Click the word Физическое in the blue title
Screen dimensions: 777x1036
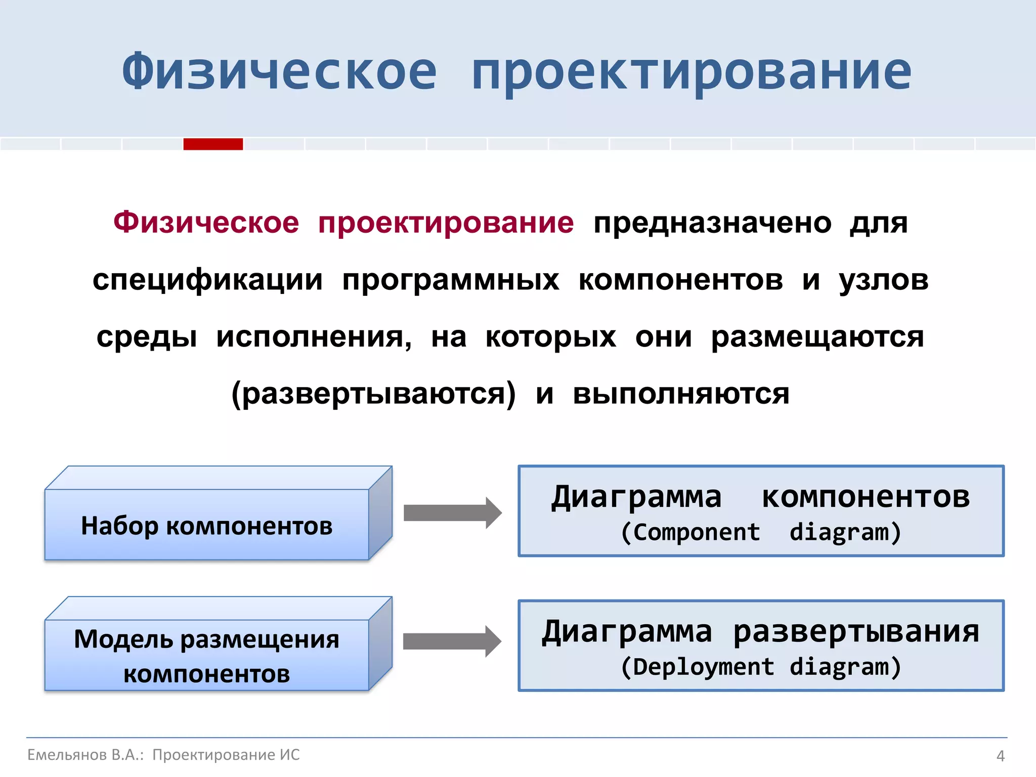(279, 72)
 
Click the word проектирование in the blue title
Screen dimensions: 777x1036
(691, 72)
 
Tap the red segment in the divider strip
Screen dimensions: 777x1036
(213, 144)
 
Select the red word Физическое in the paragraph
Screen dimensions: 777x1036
(206, 223)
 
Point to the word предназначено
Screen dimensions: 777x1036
(712, 223)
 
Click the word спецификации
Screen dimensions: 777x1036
(207, 280)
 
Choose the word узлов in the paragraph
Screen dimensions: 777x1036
(883, 280)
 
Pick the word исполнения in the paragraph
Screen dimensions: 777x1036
(314, 337)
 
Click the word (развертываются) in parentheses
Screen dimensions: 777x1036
(373, 394)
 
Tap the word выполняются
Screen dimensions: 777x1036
(681, 394)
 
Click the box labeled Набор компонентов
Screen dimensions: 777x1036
(207, 525)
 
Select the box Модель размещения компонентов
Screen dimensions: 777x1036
(207, 656)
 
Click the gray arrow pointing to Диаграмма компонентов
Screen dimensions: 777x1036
(452, 513)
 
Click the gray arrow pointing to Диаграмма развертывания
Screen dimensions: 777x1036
(452, 641)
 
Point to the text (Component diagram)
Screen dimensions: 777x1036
(761, 532)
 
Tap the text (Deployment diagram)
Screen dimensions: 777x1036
(761, 667)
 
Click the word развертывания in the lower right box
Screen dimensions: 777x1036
(856, 632)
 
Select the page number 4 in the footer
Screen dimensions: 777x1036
(1000, 756)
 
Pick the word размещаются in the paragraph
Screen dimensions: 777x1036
(817, 337)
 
